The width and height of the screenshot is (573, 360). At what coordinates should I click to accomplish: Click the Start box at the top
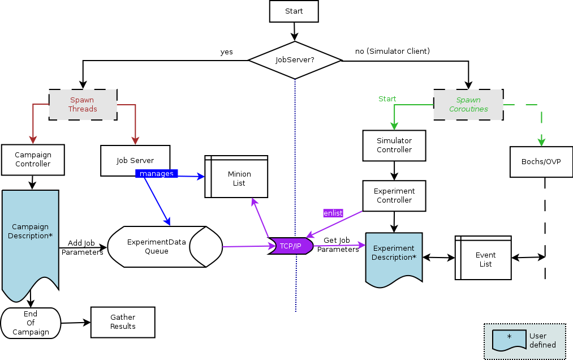point(294,11)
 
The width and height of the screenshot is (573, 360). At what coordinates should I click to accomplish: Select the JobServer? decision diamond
point(295,59)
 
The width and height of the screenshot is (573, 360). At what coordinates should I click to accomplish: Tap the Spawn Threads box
point(83,104)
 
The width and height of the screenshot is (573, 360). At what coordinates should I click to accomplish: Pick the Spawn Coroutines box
point(468,105)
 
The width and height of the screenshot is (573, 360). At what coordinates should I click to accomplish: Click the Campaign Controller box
point(33,160)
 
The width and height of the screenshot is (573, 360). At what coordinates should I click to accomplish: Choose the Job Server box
point(135,160)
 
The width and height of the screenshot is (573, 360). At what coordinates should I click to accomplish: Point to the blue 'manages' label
point(157,174)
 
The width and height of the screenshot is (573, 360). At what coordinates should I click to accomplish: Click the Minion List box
point(239,178)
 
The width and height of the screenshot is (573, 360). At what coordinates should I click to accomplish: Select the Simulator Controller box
point(394,145)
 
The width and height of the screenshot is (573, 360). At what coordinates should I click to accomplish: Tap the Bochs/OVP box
point(541,161)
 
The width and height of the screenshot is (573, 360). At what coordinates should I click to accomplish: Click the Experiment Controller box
point(394,196)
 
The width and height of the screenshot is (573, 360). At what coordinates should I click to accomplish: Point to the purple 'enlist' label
point(333,213)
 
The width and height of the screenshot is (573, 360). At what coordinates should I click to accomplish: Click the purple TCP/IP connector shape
point(291,246)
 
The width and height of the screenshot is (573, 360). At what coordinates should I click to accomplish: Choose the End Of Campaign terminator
point(31,323)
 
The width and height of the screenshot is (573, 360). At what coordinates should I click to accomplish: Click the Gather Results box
point(123,322)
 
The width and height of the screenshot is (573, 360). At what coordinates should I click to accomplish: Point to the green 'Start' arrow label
point(387,99)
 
